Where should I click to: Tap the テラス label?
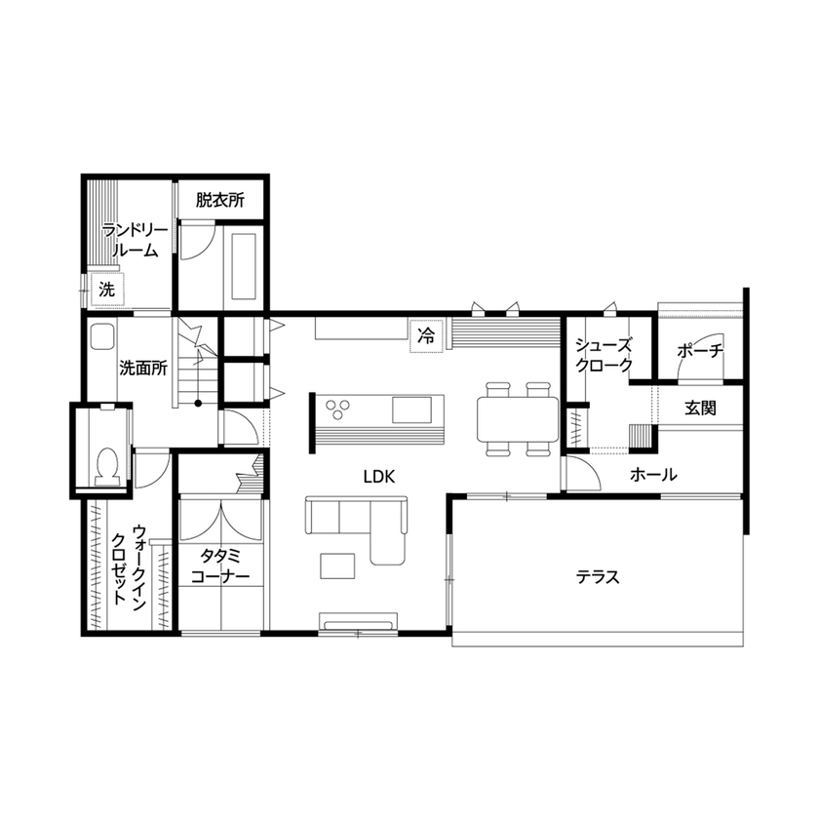(x=597, y=576)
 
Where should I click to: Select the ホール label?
(x=653, y=475)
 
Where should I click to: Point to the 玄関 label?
(x=699, y=408)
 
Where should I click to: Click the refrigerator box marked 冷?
(x=425, y=336)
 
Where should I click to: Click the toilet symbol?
(x=108, y=465)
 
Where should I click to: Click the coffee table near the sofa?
(x=338, y=564)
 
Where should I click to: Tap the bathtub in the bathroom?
(x=241, y=265)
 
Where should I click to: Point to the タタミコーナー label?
(x=220, y=566)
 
